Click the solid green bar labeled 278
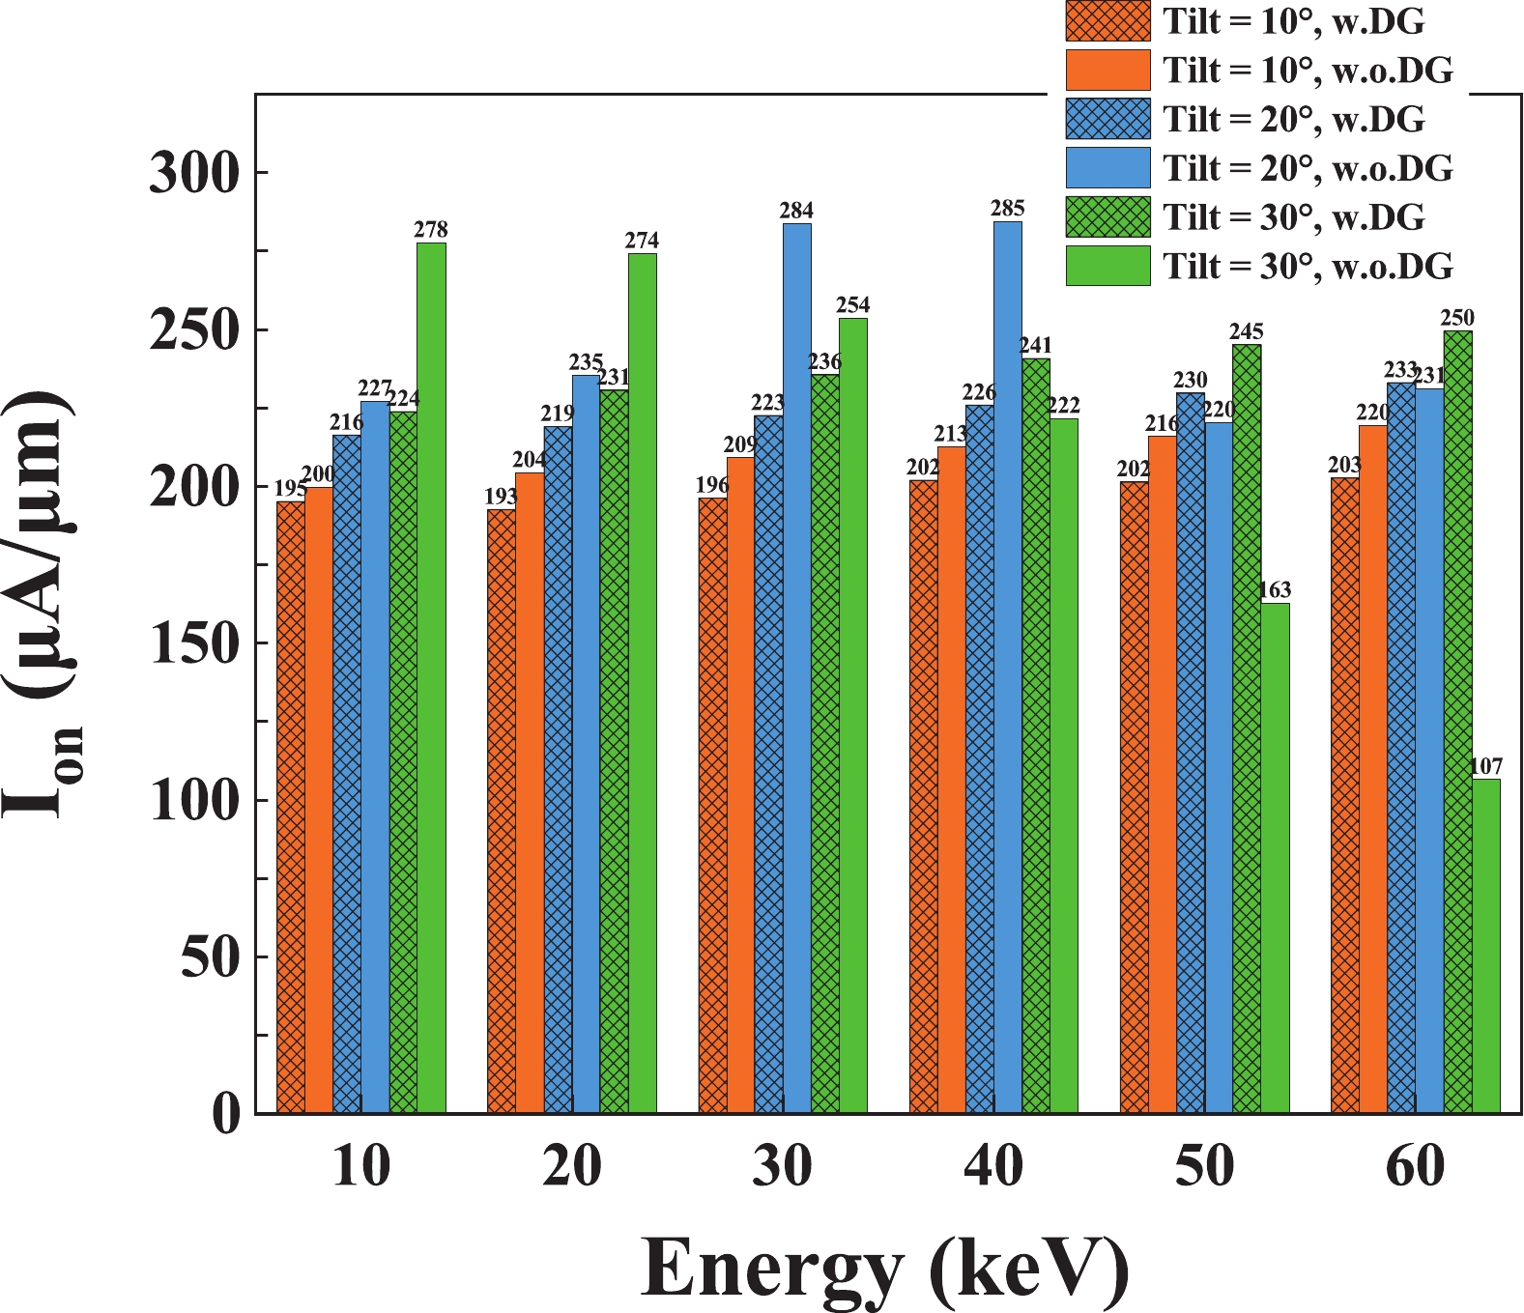click(x=431, y=676)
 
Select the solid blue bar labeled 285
click(x=1008, y=667)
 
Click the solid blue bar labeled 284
click(x=797, y=667)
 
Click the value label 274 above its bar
click(x=642, y=241)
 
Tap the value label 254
click(x=852, y=305)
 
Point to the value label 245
click(x=1247, y=331)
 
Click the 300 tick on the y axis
click(x=193, y=174)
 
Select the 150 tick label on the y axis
click(x=193, y=643)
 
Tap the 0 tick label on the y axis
click(x=225, y=1114)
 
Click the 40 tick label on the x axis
click(x=993, y=1166)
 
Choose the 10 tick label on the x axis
click(x=360, y=1166)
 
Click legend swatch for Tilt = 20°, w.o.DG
click(x=1107, y=167)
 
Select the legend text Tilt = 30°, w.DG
click(x=1293, y=216)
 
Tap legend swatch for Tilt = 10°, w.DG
click(x=1107, y=21)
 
